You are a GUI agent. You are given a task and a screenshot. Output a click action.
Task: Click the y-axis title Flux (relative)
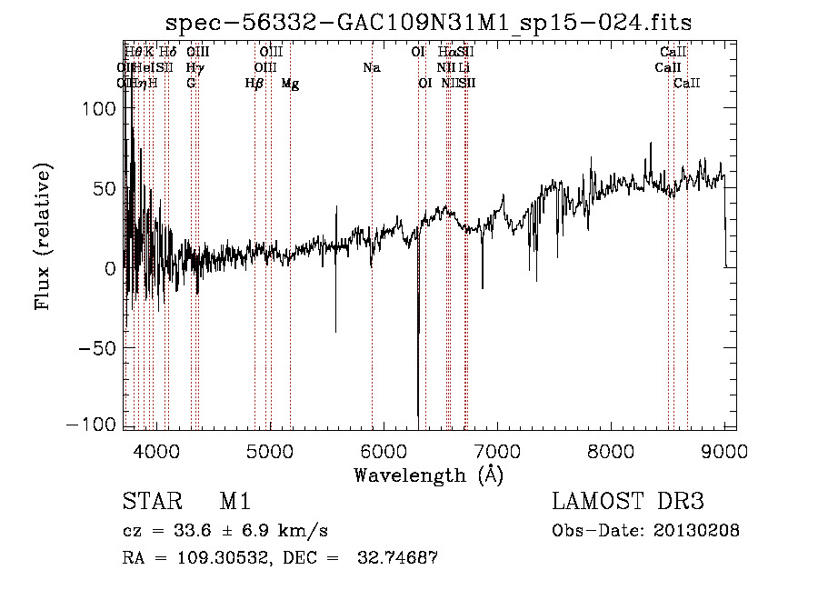point(42,236)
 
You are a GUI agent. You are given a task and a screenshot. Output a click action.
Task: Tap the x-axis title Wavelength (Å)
point(428,475)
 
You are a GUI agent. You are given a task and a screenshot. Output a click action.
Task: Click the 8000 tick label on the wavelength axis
point(611,450)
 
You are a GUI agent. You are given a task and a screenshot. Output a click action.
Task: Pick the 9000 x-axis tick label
point(724,450)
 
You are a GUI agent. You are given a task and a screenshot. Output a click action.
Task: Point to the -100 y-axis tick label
point(92,425)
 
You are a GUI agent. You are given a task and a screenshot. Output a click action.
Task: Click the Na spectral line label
point(371,68)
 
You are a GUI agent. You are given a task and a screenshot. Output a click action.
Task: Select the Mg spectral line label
point(290,84)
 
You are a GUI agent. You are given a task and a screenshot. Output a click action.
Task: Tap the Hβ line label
point(254,84)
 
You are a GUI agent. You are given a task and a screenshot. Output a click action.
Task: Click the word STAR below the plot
point(150,502)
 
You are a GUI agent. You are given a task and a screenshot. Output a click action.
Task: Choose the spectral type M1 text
point(234,502)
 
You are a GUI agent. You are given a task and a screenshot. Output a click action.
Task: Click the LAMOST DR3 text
point(628,502)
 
